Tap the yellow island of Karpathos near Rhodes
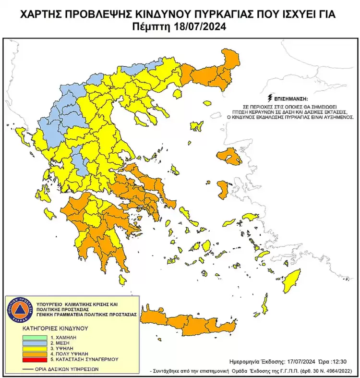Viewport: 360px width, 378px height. click(264, 304)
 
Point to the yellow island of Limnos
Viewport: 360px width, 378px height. click(196, 126)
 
